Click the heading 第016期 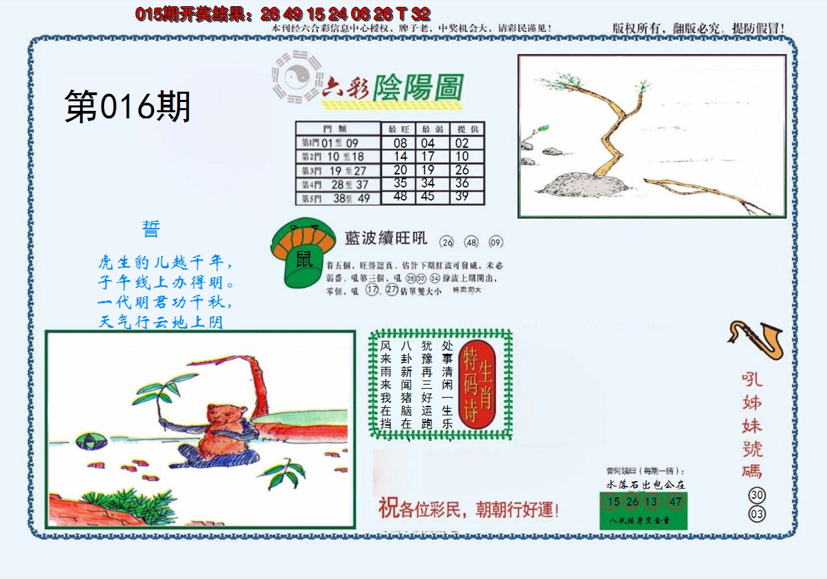pyautogui.click(x=127, y=107)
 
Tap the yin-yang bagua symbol pyautogui.click(x=296, y=77)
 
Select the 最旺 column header pyautogui.click(x=400, y=129)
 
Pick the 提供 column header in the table pyautogui.click(x=468, y=129)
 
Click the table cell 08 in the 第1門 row pyautogui.click(x=400, y=143)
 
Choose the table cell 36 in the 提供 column pyautogui.click(x=462, y=183)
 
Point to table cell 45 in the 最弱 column pyautogui.click(x=428, y=196)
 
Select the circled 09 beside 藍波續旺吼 pyautogui.click(x=496, y=242)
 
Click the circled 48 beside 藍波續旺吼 pyautogui.click(x=472, y=242)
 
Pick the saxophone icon pyautogui.click(x=756, y=339)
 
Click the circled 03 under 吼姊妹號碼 pyautogui.click(x=756, y=514)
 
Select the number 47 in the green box pyautogui.click(x=676, y=502)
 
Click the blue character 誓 pyautogui.click(x=151, y=229)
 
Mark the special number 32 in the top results pyautogui.click(x=422, y=14)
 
